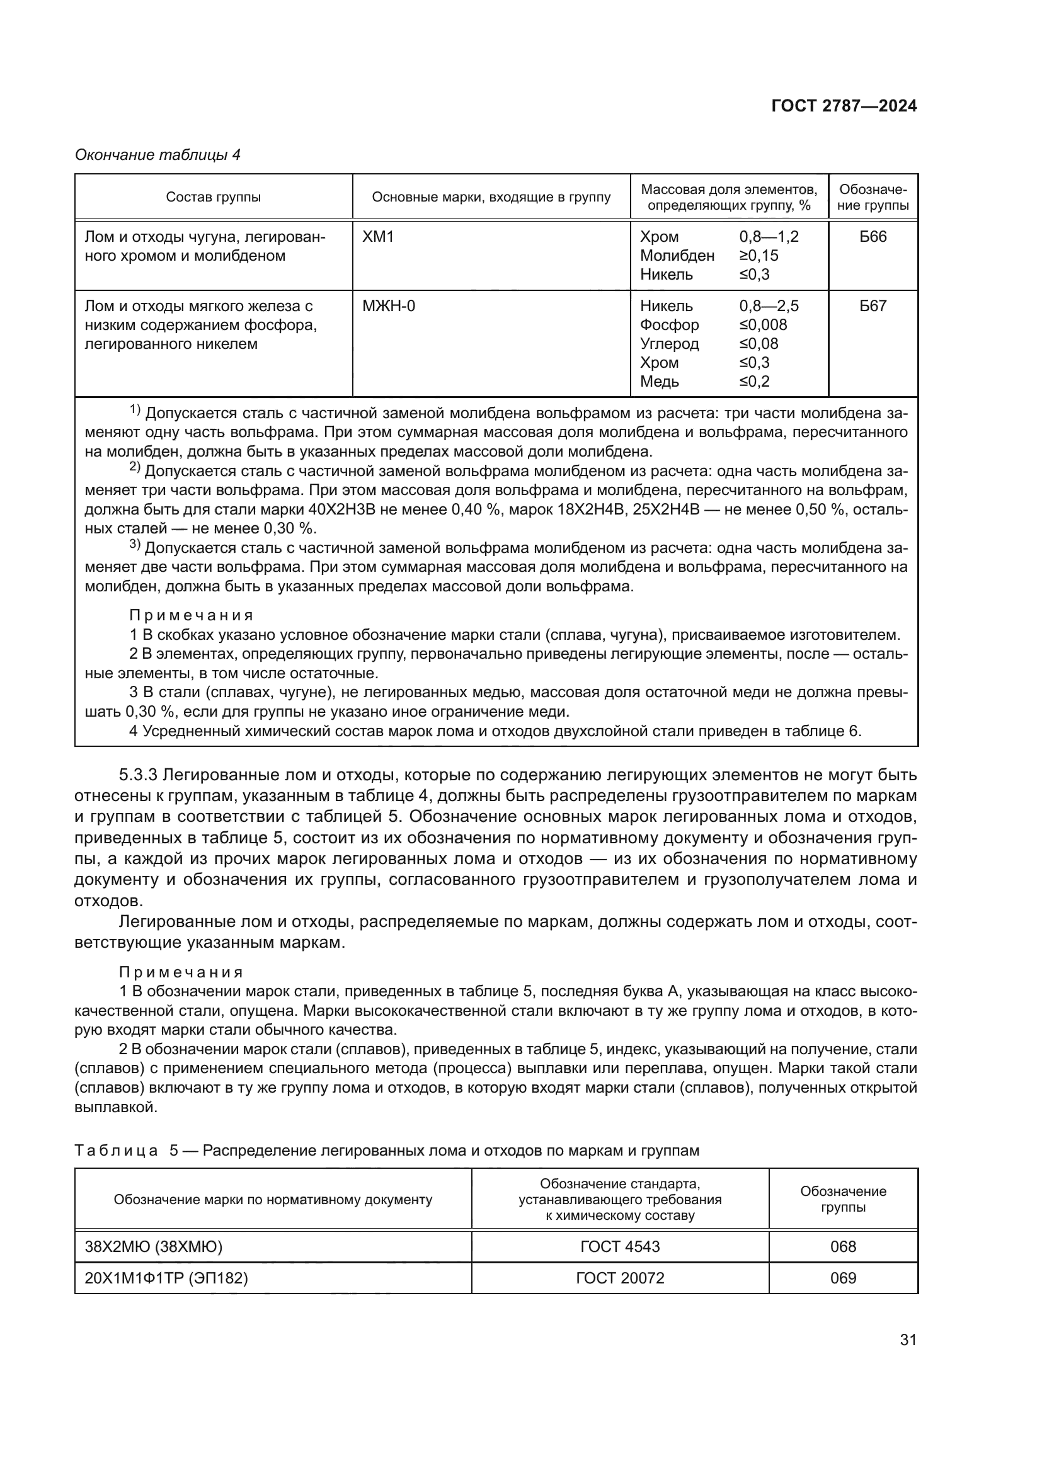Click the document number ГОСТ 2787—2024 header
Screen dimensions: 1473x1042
[x=844, y=106]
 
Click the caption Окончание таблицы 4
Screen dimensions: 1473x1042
[x=158, y=155]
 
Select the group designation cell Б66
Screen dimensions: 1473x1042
[x=873, y=237]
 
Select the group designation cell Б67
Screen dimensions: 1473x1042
[x=873, y=306]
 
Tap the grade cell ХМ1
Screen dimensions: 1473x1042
[x=378, y=237]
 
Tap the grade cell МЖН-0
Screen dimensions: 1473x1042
[x=388, y=306]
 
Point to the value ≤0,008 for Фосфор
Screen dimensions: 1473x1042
[x=763, y=324]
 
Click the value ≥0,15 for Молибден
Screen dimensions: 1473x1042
[x=759, y=255]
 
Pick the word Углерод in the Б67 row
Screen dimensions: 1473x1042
[x=669, y=344]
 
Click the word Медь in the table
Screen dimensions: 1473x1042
[x=659, y=382]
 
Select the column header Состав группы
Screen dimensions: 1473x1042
[x=213, y=197]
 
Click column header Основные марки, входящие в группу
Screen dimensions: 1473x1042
[x=491, y=197]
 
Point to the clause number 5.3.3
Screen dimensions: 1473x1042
[x=138, y=775]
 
